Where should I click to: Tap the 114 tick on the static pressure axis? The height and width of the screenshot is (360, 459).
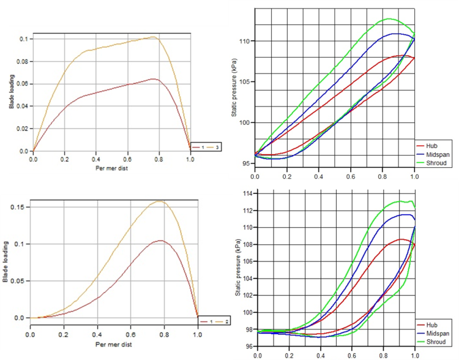click(247, 194)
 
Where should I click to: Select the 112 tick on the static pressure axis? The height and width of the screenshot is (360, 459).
click(247, 211)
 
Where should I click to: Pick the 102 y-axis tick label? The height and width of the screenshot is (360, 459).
click(247, 296)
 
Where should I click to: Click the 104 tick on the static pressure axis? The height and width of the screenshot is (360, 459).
click(247, 279)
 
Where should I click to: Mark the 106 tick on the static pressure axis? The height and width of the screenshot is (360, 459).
click(247, 261)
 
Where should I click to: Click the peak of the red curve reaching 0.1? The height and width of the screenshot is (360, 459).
click(160, 241)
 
